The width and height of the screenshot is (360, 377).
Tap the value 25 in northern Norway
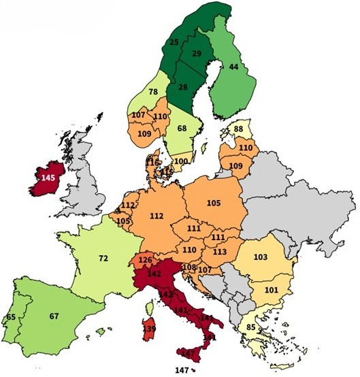(174, 43)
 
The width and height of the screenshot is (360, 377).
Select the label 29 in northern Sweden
(197, 54)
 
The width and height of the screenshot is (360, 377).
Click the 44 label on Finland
(233, 67)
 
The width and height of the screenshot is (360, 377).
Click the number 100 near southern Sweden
(180, 161)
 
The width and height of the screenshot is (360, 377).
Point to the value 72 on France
(103, 259)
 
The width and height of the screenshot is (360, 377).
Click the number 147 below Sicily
(182, 369)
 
